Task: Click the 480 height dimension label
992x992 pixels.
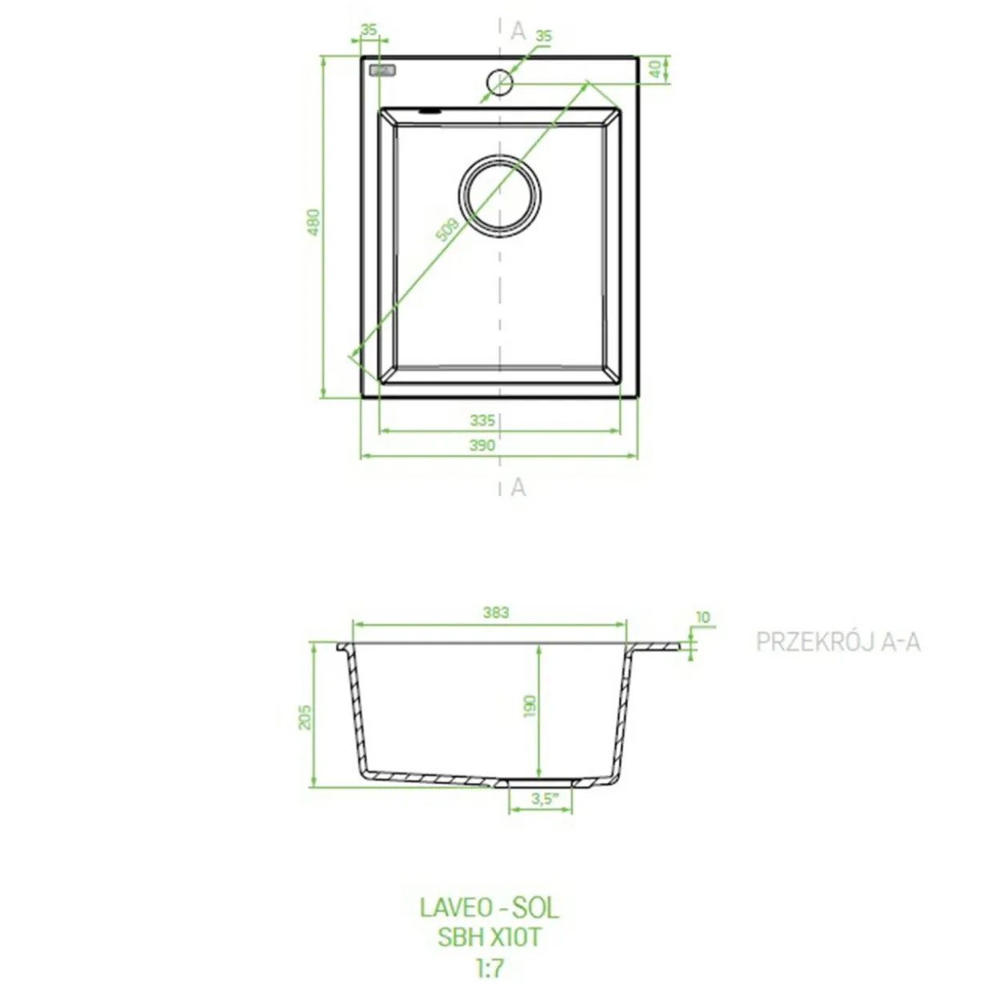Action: point(314,222)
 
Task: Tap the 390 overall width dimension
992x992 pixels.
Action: point(482,446)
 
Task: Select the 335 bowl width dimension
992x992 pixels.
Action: point(482,421)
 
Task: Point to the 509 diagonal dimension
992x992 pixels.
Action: point(446,230)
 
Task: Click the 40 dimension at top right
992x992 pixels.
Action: point(655,69)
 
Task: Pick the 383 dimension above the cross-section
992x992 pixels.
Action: point(496,612)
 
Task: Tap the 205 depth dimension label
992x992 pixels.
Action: point(305,717)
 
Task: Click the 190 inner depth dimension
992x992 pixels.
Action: point(530,706)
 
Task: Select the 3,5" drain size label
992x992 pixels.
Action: point(545,799)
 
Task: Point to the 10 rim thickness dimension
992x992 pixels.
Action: point(702,617)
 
